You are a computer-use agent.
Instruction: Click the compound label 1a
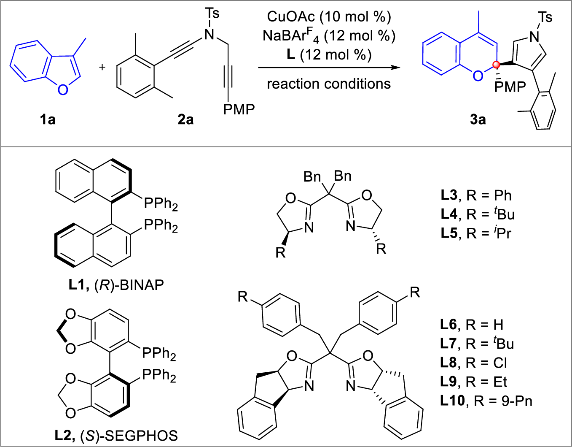click(x=48, y=120)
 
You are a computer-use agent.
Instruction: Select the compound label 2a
click(x=185, y=120)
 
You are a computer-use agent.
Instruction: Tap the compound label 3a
click(x=478, y=120)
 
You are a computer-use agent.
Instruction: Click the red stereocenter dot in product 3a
click(x=496, y=65)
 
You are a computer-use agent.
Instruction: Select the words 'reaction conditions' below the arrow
click(x=329, y=84)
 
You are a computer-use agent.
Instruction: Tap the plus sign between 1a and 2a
click(x=102, y=67)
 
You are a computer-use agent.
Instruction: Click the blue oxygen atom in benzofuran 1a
click(x=62, y=89)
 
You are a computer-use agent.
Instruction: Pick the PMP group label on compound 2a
click(x=239, y=110)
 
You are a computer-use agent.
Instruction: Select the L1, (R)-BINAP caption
click(x=116, y=285)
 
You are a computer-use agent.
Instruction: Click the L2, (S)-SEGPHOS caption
click(x=116, y=435)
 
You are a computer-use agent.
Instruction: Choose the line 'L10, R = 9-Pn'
click(x=486, y=401)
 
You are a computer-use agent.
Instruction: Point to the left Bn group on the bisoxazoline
click(x=312, y=177)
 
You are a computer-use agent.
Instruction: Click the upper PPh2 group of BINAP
click(x=161, y=204)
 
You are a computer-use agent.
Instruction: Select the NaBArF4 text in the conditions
click(x=291, y=36)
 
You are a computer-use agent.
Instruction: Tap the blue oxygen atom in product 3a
click(x=478, y=76)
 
